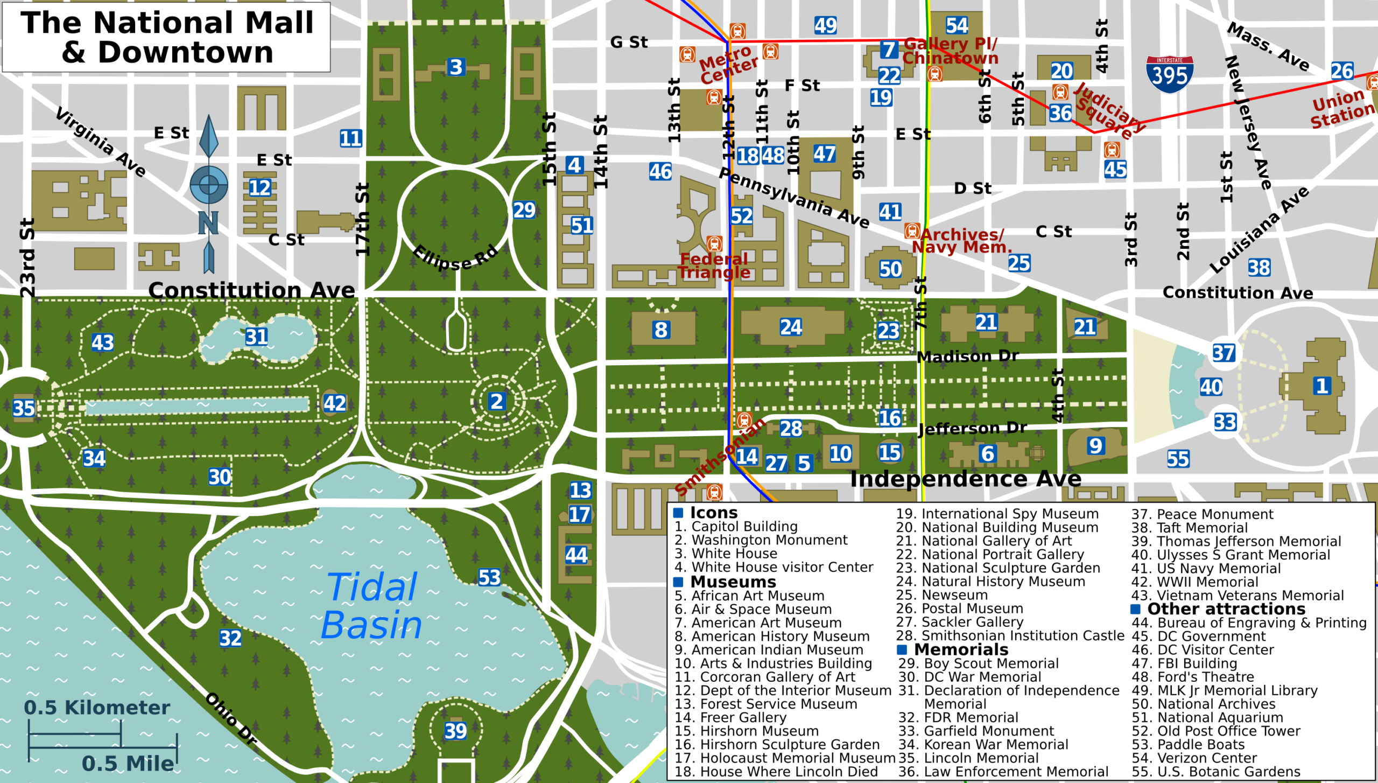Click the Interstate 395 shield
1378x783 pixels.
click(1170, 74)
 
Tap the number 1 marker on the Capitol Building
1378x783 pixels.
click(1322, 386)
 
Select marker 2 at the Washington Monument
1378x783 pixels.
click(496, 401)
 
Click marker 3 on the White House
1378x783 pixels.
click(456, 67)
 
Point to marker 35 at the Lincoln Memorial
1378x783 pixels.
click(24, 408)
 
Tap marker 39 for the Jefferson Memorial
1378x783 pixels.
click(455, 731)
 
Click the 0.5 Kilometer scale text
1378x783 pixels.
click(97, 708)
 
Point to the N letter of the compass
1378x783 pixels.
click(208, 222)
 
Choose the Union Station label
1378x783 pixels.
click(1342, 108)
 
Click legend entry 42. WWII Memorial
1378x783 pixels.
click(1194, 582)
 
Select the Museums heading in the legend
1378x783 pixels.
click(733, 582)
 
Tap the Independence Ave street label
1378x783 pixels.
click(966, 479)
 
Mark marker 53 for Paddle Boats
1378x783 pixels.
click(489, 578)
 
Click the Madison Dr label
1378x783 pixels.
click(968, 356)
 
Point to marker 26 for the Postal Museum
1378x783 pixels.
click(1342, 71)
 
